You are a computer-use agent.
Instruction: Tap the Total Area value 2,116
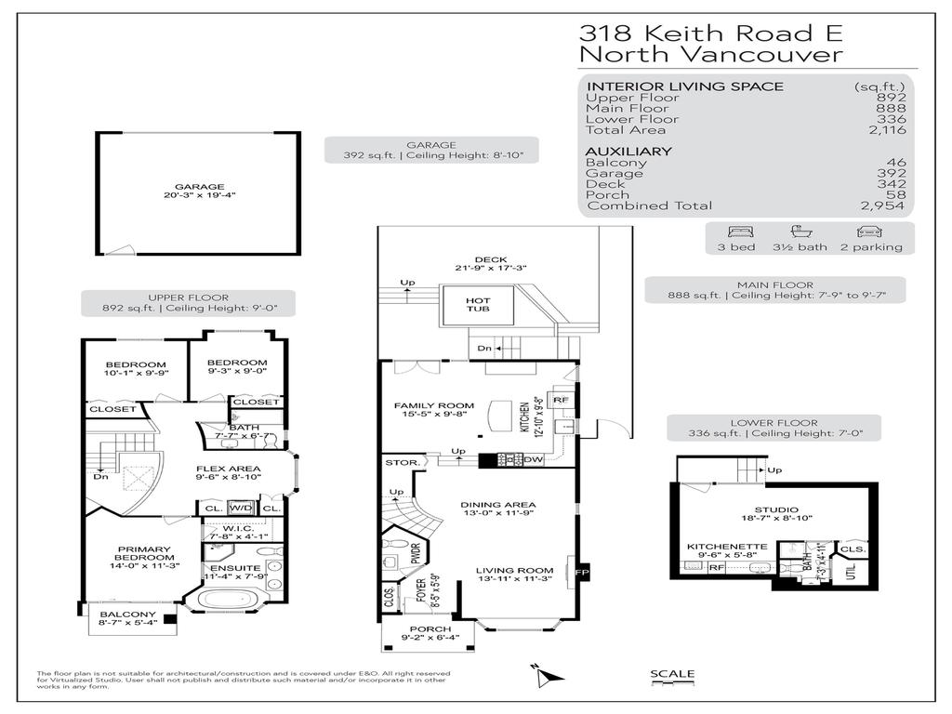point(886,130)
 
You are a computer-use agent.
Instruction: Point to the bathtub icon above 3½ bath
point(800,232)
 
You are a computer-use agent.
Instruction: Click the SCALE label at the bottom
point(671,675)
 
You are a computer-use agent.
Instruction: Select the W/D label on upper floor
point(241,509)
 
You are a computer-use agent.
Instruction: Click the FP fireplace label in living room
point(582,571)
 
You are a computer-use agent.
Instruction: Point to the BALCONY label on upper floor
point(126,615)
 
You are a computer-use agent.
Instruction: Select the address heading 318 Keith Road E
point(710,33)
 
